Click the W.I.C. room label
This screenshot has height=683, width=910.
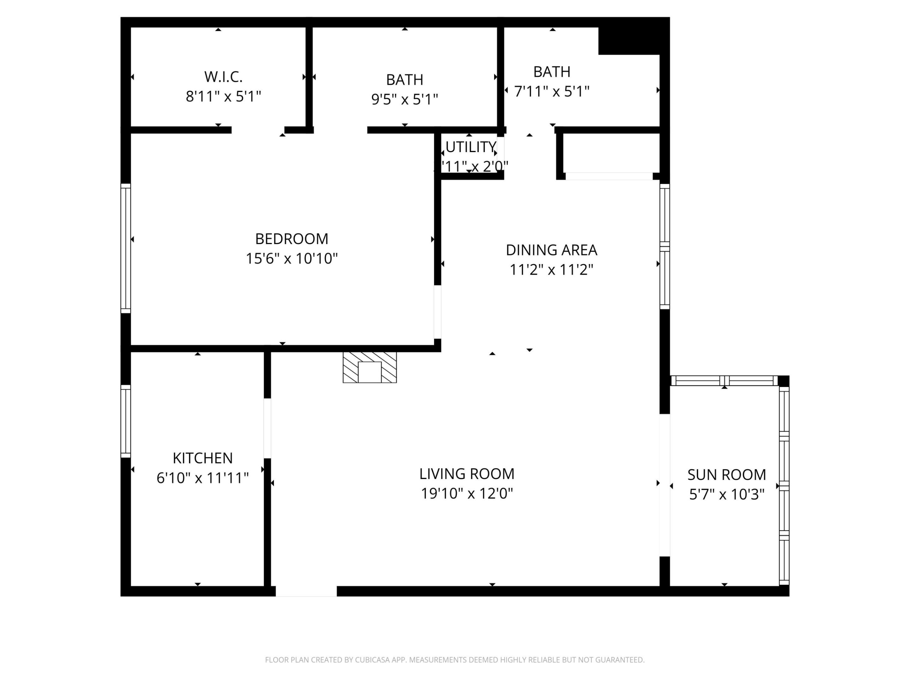[x=223, y=77]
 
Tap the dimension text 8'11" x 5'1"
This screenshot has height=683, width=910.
[x=223, y=97]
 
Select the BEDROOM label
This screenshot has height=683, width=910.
[x=292, y=239]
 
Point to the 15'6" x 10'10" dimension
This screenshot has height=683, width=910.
[x=292, y=259]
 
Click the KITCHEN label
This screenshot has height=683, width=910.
[x=203, y=458]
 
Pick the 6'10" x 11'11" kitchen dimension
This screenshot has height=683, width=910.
[x=203, y=478]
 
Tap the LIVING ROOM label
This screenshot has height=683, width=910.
[x=467, y=474]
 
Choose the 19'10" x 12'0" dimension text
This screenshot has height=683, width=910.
[x=467, y=493]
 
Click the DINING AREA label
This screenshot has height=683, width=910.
[x=551, y=250]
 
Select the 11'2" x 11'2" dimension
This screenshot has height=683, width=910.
[x=551, y=270]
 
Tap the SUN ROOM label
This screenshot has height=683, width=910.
[x=726, y=475]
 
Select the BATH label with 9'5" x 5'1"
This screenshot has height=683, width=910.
[x=404, y=79]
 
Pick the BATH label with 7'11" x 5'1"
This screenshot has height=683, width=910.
[x=552, y=72]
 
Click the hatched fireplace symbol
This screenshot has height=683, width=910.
[x=369, y=367]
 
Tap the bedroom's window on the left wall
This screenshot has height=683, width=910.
[x=125, y=248]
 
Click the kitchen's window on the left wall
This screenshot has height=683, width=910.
[x=125, y=421]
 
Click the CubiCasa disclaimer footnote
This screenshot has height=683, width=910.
[x=455, y=660]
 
